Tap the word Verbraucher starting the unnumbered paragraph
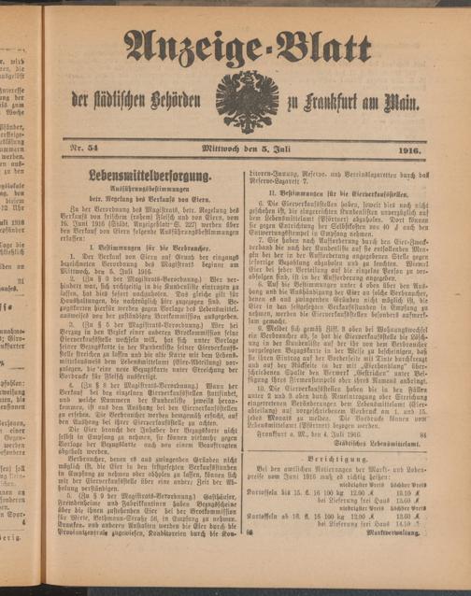101,458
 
